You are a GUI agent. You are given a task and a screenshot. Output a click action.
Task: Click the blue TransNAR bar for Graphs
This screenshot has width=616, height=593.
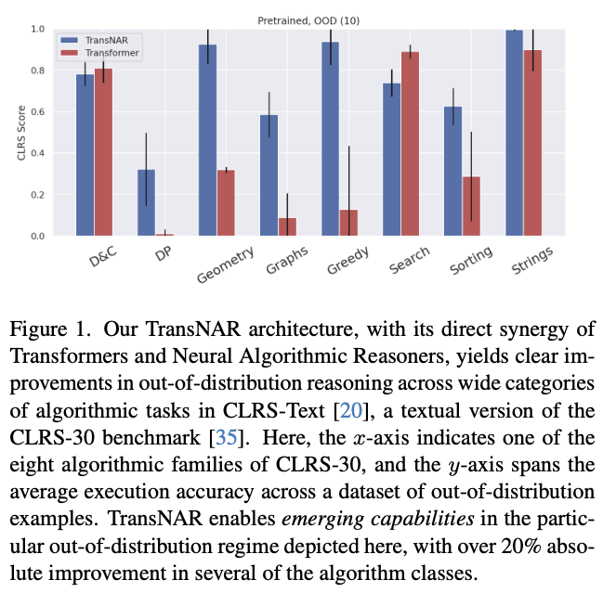click(269, 175)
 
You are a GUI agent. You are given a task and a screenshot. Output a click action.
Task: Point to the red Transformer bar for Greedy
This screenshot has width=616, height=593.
click(348, 223)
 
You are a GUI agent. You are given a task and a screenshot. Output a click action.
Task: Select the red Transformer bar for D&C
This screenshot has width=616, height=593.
click(103, 152)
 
